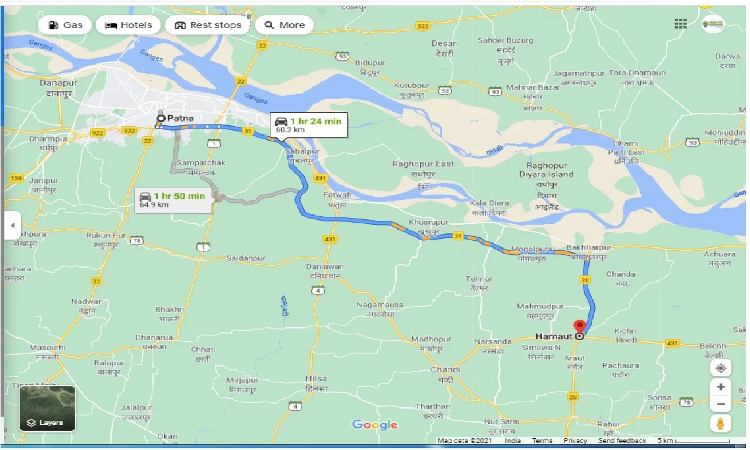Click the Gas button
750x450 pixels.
(x=65, y=25)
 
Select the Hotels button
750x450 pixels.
(x=129, y=25)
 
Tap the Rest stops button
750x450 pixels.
(x=208, y=25)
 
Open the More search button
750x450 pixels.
(x=284, y=25)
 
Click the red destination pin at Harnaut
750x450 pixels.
(x=579, y=327)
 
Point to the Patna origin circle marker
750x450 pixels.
(x=160, y=119)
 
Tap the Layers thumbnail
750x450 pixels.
(x=47, y=408)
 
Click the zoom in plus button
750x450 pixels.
(x=721, y=387)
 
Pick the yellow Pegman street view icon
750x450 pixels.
(x=721, y=424)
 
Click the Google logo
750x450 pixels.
(x=374, y=425)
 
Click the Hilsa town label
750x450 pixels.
(x=316, y=378)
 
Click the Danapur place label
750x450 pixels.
(x=58, y=83)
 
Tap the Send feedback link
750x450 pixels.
(x=621, y=441)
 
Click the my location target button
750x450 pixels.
(x=721, y=368)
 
